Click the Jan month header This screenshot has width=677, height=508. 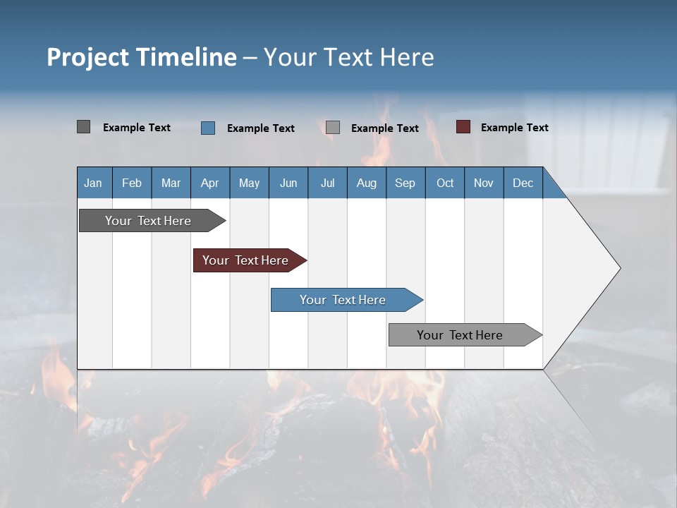coord(93,183)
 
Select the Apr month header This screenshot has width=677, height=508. coord(209,183)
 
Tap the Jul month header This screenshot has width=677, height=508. coord(327,183)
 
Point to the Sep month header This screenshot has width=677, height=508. coord(405,183)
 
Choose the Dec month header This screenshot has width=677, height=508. coord(523,183)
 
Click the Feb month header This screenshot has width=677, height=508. coord(132,183)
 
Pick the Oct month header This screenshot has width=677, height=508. coord(445,183)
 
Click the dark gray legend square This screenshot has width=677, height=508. coord(83,127)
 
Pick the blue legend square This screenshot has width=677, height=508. coord(207,128)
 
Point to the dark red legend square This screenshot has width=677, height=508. coord(463,127)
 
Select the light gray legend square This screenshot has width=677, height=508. coord(333,128)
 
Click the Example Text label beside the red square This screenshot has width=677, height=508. coord(514,128)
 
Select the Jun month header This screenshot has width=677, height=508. coord(288,183)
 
